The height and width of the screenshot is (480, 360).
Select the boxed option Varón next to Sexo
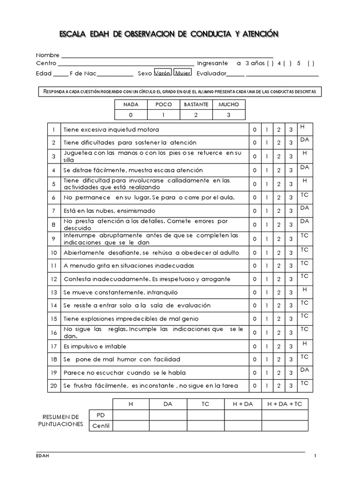tap(163, 74)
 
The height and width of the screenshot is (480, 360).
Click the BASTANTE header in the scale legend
tap(196, 105)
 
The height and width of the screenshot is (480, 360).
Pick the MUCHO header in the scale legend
tap(229, 105)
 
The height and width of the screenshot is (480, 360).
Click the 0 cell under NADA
tap(131, 115)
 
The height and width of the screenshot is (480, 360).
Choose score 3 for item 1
tap(291, 130)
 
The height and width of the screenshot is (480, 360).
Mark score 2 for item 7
tap(278, 211)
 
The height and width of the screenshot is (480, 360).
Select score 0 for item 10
tap(254, 253)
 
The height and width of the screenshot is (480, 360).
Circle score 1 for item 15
tap(266, 319)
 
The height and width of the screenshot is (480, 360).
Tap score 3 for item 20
tap(291, 386)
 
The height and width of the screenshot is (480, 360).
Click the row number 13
tap(54, 292)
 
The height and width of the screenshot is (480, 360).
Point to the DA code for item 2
tap(305, 140)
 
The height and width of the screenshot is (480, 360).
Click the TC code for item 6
tap(305, 194)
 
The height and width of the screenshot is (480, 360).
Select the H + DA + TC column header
tap(285, 404)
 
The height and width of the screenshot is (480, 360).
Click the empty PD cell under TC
tap(205, 415)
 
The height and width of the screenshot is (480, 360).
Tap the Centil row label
tap(100, 426)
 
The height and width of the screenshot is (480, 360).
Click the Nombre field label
tap(47, 55)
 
